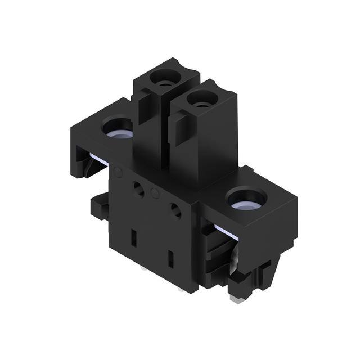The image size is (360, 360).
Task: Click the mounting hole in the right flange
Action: point(246,199)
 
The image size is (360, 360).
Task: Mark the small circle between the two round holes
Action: point(155,194)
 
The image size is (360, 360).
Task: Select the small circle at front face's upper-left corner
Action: point(118,172)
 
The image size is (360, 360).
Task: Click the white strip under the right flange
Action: point(224,231)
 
